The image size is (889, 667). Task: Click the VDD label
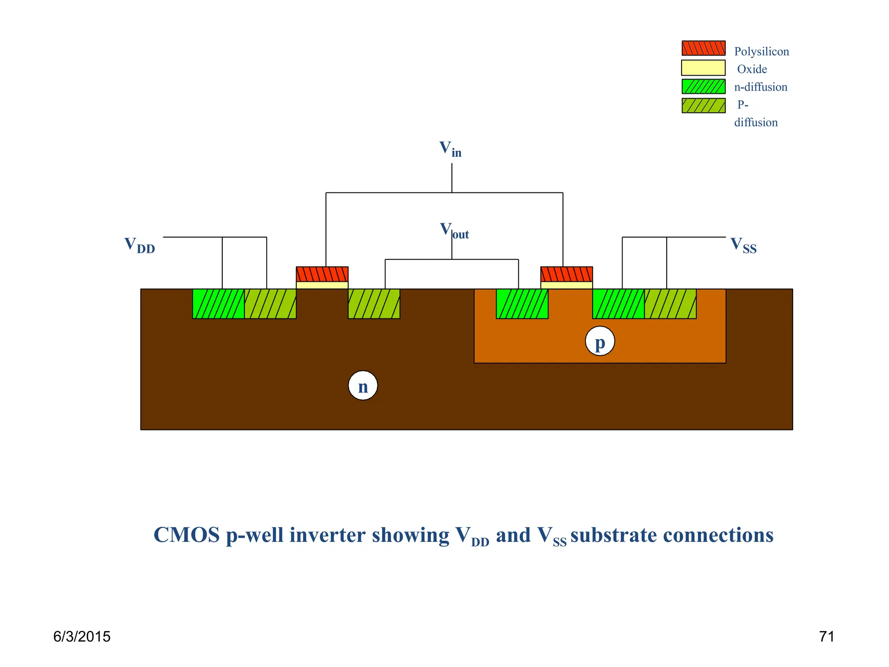(139, 245)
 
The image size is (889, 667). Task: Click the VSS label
(743, 245)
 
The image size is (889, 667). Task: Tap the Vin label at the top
(450, 149)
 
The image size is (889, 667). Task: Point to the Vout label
(454, 231)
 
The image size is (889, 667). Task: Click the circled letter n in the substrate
(363, 386)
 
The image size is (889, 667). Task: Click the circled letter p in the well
(599, 341)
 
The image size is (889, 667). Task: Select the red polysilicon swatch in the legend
(703, 48)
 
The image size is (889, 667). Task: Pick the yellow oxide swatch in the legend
(703, 68)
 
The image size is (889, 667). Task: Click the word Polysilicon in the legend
(761, 52)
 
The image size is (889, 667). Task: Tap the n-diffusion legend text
(761, 87)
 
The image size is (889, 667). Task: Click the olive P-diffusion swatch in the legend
(703, 106)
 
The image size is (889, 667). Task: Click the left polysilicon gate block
(322, 274)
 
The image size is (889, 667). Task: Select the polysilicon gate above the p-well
(566, 274)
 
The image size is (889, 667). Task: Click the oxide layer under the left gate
(322, 285)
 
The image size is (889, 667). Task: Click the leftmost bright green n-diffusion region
(218, 304)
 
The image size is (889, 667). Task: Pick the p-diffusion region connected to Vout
(374, 304)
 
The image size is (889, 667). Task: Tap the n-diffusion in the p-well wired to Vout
(522, 304)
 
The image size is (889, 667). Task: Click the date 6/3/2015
(82, 637)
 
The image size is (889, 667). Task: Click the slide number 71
(826, 637)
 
